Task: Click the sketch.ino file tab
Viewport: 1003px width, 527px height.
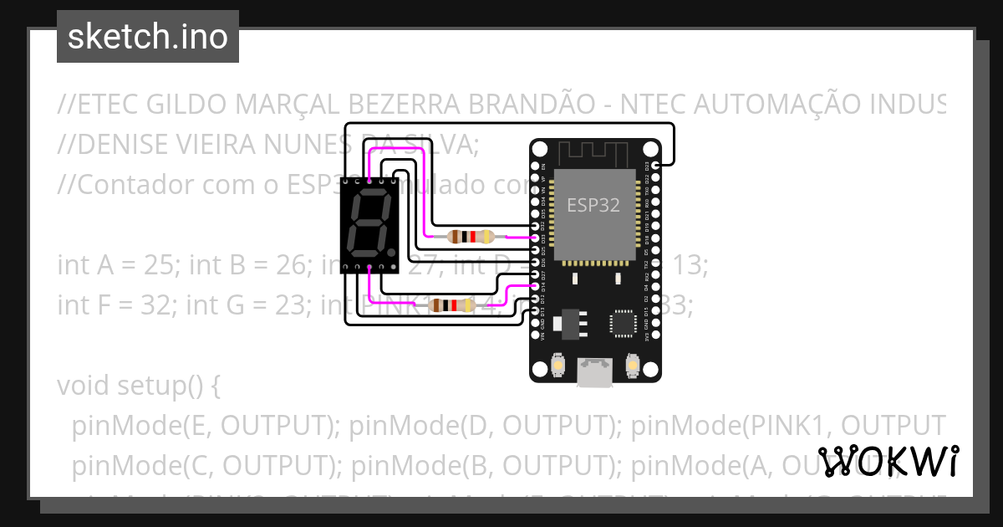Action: (147, 37)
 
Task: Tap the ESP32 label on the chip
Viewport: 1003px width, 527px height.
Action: (593, 205)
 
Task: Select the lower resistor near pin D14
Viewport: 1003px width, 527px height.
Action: (451, 306)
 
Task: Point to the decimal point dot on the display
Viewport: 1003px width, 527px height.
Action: (390, 251)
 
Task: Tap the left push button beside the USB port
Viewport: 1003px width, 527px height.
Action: (558, 366)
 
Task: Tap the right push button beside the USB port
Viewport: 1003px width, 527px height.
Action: (634, 366)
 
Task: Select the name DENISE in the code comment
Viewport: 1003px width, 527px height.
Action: (118, 144)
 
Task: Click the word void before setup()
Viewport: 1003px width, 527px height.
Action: (81, 386)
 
